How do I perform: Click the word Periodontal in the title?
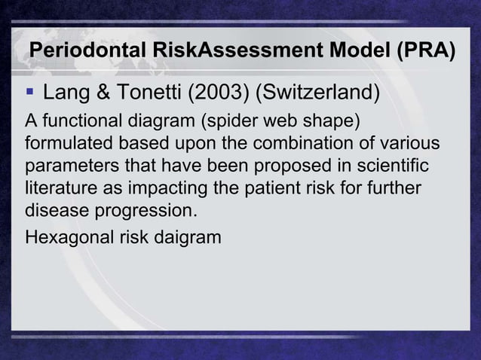click(x=82, y=52)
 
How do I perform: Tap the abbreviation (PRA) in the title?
click(x=422, y=52)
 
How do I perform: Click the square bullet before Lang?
click(x=29, y=94)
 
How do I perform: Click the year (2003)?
click(x=219, y=95)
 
